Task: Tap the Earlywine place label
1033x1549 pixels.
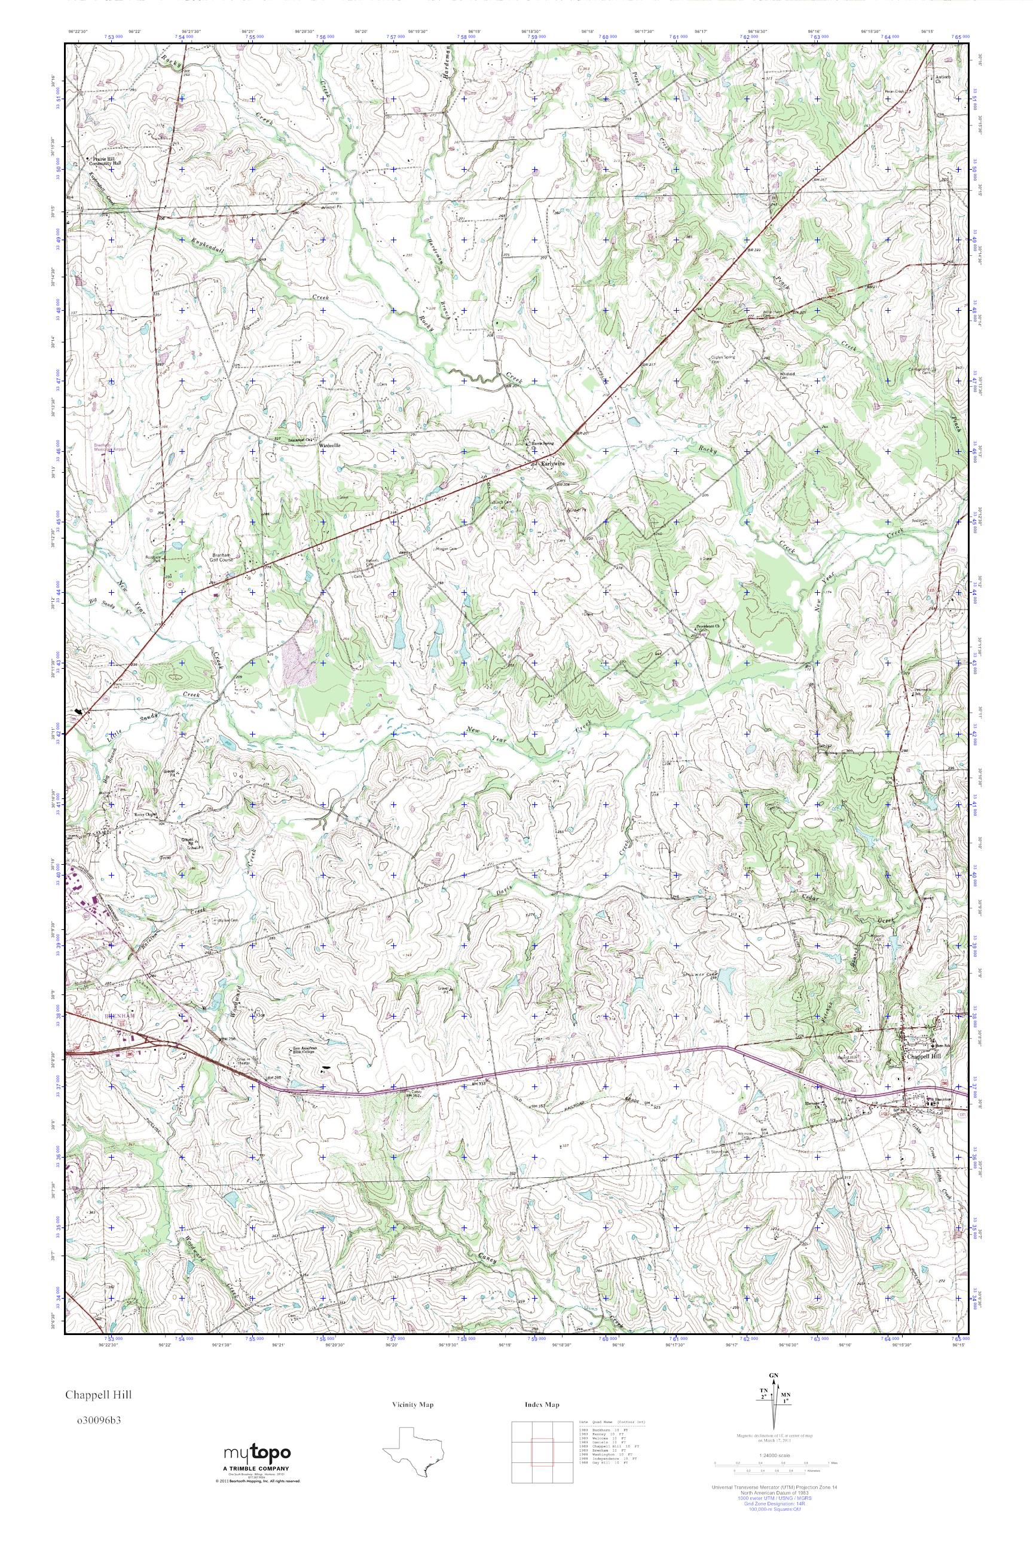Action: [x=553, y=463]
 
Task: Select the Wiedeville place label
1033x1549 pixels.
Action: [x=330, y=446]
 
